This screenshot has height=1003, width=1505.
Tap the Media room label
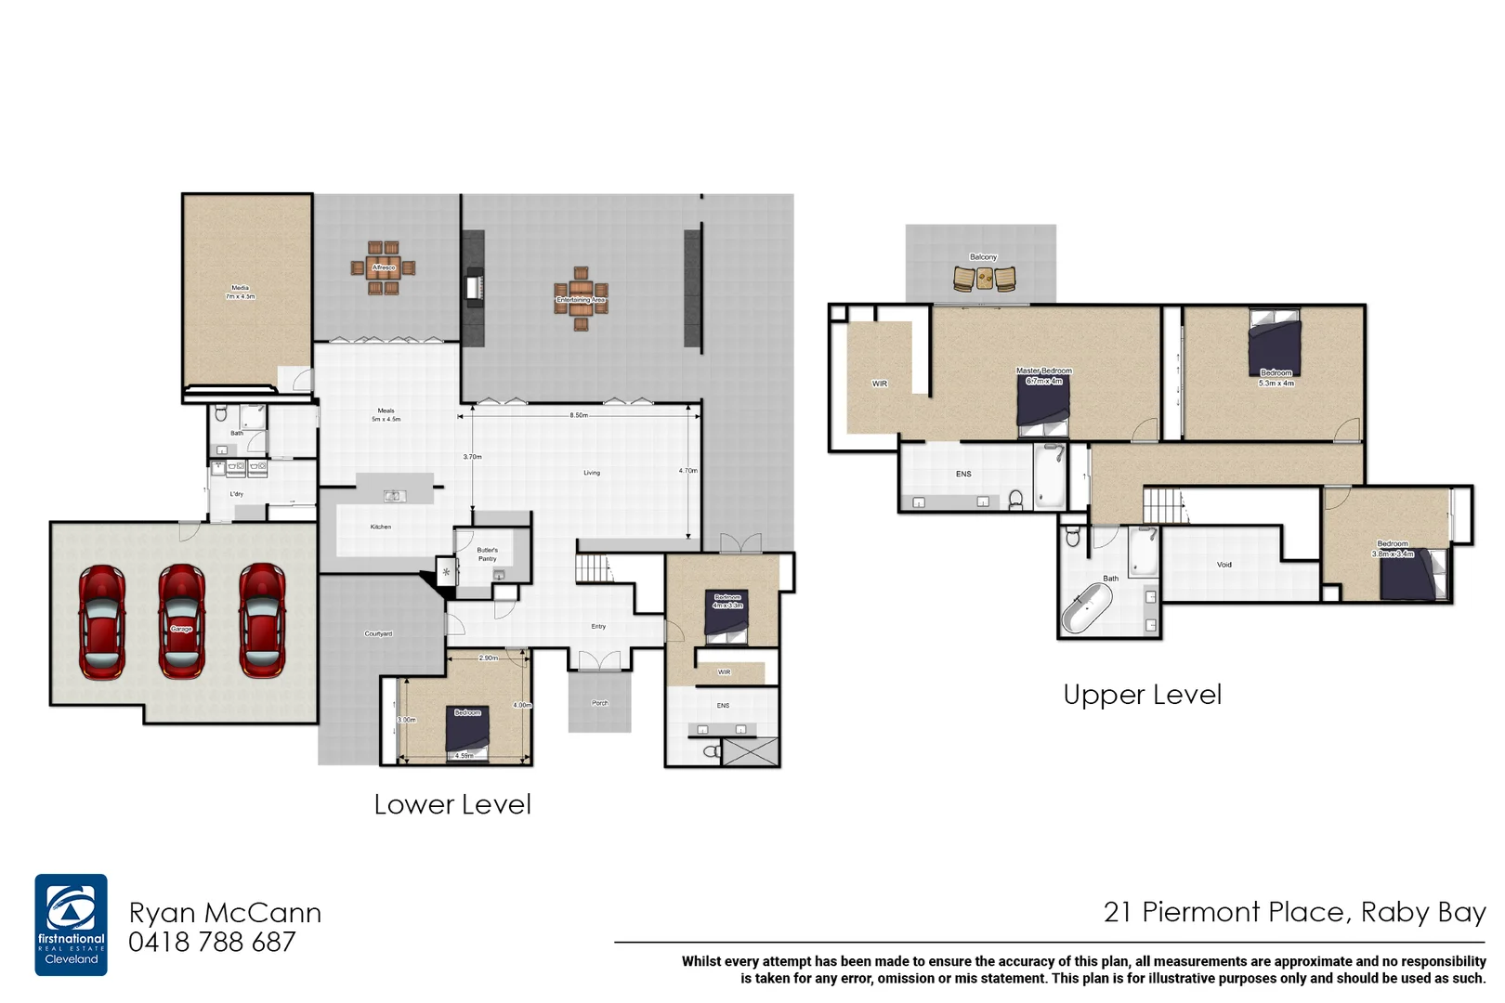pyautogui.click(x=240, y=293)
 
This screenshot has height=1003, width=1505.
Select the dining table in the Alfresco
pyautogui.click(x=383, y=267)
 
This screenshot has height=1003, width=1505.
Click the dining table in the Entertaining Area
pyautogui.click(x=581, y=299)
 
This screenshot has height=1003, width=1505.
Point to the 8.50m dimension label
pyautogui.click(x=579, y=415)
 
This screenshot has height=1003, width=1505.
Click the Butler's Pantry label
pyautogui.click(x=487, y=554)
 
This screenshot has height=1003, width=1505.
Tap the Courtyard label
pyautogui.click(x=378, y=633)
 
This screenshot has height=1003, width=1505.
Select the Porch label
pyautogui.click(x=600, y=703)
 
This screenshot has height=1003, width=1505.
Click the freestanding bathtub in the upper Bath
pyautogui.click(x=1088, y=607)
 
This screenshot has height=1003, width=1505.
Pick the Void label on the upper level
pyautogui.click(x=1224, y=565)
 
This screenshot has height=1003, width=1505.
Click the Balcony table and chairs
pyautogui.click(x=984, y=277)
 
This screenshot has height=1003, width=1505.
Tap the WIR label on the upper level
pyautogui.click(x=879, y=384)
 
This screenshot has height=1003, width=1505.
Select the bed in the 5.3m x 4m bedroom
pyautogui.click(x=1275, y=345)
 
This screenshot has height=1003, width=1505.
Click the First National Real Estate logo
pyautogui.click(x=71, y=924)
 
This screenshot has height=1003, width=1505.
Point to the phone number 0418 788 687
pyautogui.click(x=212, y=943)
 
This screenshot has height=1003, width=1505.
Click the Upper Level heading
pyautogui.click(x=1142, y=695)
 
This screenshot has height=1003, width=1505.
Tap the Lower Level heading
pyautogui.click(x=452, y=804)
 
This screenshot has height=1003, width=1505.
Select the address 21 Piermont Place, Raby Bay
pyautogui.click(x=1294, y=912)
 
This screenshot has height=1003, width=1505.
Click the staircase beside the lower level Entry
pyautogui.click(x=594, y=568)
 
